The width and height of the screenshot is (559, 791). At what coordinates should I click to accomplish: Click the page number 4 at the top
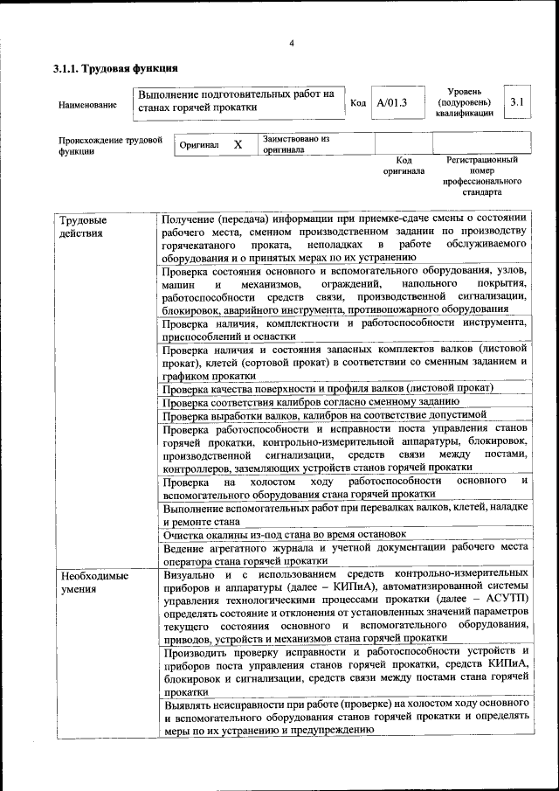[x=292, y=44]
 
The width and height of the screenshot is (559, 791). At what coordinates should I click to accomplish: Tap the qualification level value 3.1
[x=517, y=102]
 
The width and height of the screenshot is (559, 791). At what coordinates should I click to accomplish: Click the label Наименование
[x=87, y=105]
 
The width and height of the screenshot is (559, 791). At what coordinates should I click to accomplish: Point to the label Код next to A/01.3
[x=357, y=103]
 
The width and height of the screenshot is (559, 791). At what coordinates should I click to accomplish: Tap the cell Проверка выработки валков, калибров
[x=324, y=415]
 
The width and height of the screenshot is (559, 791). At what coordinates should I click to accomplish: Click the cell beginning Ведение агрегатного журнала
[x=344, y=553]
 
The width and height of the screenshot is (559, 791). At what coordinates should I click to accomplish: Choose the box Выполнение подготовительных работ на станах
[x=238, y=101]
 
